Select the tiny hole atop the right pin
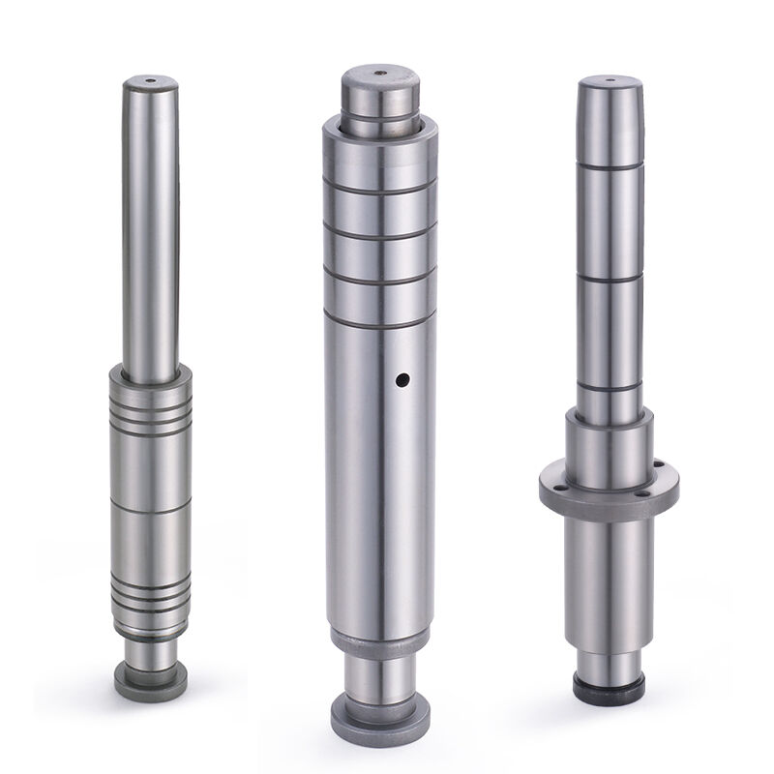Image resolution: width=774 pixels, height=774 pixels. tap(610, 79)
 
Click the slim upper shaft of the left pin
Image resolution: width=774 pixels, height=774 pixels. tap(151, 223)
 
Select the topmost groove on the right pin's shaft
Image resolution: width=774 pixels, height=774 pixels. tap(610, 166)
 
